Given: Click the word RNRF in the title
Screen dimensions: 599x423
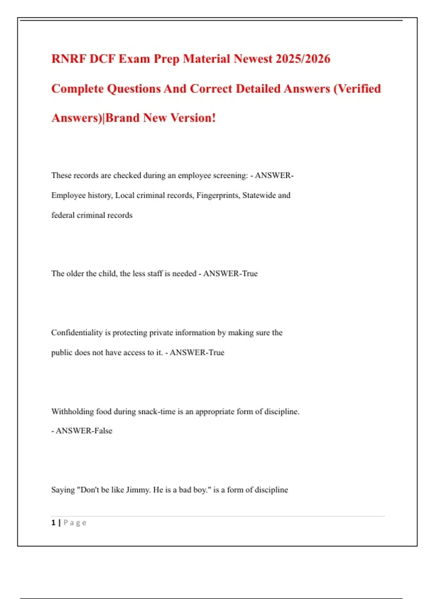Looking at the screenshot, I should (69, 59).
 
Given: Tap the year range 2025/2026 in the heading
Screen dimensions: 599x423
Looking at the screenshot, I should (303, 59).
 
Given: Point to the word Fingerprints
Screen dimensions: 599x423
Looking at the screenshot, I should (218, 195).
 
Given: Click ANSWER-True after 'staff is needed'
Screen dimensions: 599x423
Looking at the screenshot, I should (230, 273).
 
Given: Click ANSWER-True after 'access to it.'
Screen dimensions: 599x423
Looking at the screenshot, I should (197, 352).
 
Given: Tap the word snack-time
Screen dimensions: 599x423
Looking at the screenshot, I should (157, 412).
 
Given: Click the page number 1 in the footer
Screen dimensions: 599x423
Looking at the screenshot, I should (53, 523).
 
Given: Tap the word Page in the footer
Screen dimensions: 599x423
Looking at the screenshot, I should (75, 523).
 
